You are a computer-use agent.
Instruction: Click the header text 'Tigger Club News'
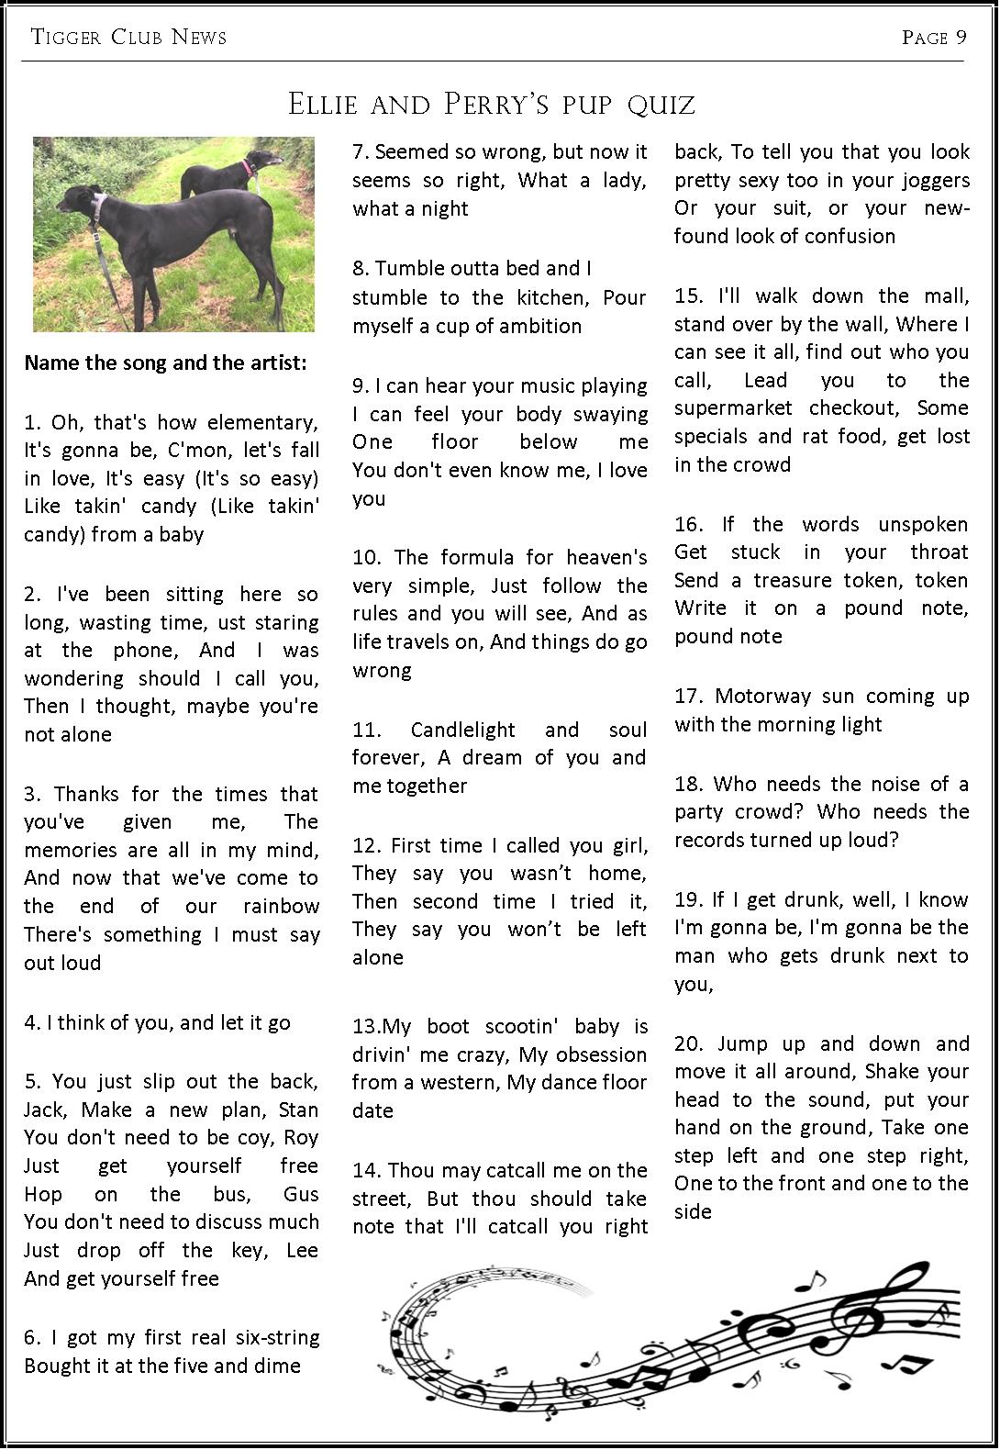click(x=128, y=37)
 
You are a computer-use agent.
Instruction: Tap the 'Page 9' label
click(x=934, y=37)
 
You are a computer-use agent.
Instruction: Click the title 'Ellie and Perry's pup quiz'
click(x=492, y=104)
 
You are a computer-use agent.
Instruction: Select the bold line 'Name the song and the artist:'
click(x=165, y=362)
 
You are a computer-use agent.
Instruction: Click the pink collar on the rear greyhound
click(x=246, y=167)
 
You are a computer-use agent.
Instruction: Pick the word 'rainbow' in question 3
click(x=281, y=906)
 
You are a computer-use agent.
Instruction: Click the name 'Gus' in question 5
click(x=301, y=1194)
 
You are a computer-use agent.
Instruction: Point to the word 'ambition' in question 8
click(x=541, y=326)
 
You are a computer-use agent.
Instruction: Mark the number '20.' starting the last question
click(x=689, y=1043)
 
